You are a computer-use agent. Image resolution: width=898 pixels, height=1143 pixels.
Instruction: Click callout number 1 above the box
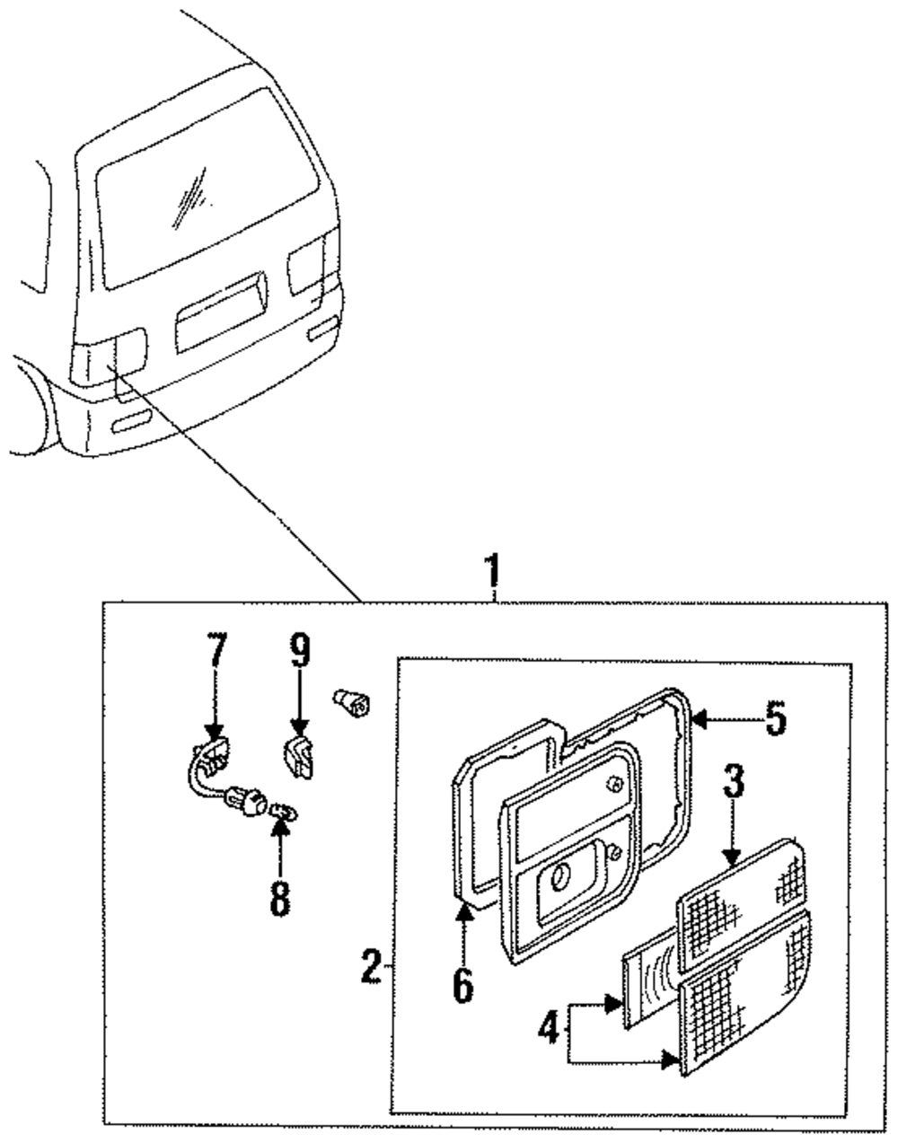491,571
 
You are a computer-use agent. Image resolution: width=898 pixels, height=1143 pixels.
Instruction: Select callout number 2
372,967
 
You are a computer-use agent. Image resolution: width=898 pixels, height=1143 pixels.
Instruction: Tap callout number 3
734,781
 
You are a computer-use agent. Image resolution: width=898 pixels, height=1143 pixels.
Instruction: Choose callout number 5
776,718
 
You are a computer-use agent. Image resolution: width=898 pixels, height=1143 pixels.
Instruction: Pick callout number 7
216,649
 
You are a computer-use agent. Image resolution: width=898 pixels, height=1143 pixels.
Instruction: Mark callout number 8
280,899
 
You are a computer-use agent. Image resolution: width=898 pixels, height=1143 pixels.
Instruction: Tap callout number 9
300,649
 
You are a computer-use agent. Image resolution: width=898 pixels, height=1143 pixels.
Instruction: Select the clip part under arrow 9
298,759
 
